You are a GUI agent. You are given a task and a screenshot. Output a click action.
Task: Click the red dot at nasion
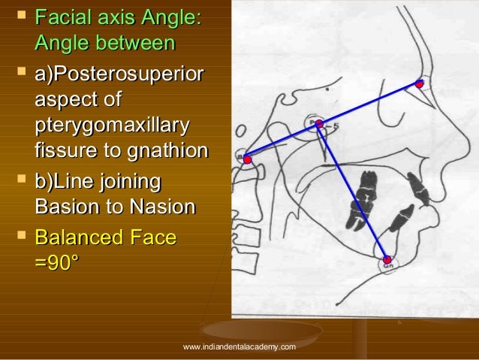420,83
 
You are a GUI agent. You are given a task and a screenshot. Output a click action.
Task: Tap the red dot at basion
247,159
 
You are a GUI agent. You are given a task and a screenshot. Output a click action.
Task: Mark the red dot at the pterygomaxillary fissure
318,123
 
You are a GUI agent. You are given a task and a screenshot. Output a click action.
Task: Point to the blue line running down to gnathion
353,191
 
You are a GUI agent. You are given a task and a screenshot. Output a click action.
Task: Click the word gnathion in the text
169,150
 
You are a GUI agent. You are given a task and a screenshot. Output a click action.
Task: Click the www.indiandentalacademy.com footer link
239,346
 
